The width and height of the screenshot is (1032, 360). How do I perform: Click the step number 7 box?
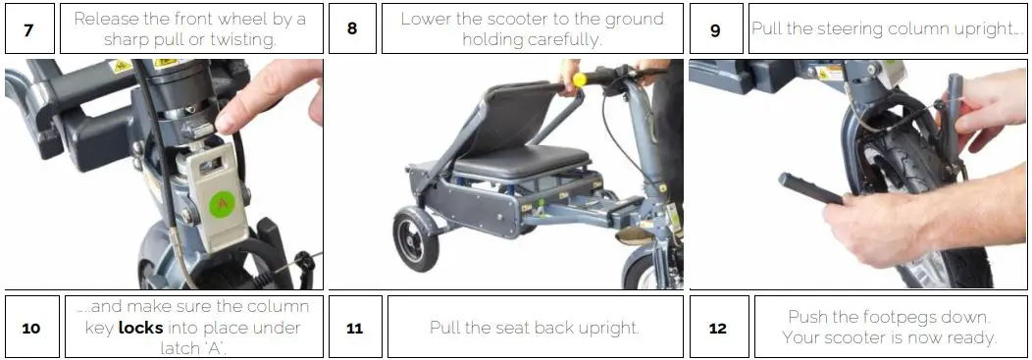point(29,28)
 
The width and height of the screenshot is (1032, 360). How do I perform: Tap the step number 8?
point(352,28)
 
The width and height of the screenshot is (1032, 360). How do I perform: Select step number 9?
point(716,29)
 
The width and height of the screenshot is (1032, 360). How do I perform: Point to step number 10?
point(31,327)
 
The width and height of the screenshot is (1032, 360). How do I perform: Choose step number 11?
point(355,327)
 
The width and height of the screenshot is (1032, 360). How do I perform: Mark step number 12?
point(718,327)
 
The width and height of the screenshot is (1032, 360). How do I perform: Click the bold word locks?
point(141,327)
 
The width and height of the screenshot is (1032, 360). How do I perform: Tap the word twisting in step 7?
point(242,39)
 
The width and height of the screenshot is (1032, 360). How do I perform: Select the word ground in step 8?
point(632,19)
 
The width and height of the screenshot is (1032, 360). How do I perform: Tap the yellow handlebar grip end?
point(579,80)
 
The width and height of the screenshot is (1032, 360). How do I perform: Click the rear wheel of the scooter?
point(416,237)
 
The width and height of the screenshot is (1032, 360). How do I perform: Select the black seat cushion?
point(520,160)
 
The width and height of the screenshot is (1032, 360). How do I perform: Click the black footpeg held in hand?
point(811,189)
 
